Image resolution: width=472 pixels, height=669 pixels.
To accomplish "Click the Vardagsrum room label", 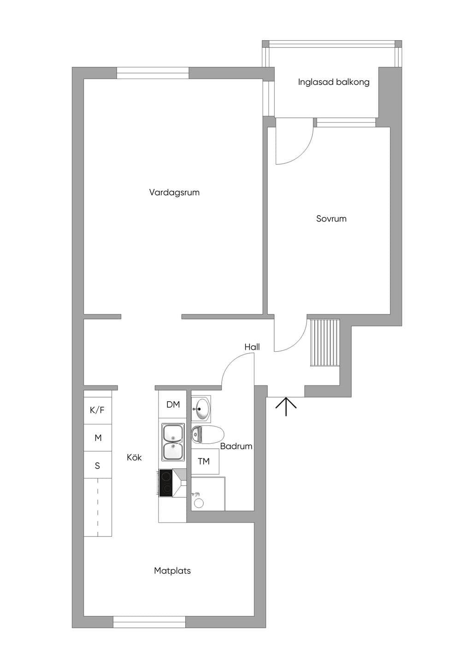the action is point(174,192).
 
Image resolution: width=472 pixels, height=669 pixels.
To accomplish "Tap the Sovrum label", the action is point(331,219).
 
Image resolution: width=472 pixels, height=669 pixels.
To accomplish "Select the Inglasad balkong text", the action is point(334,82).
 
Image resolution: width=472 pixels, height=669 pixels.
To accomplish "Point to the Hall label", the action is point(252,347).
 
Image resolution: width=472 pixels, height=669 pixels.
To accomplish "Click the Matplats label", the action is point(172,571).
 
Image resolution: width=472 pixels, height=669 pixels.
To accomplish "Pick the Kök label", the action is point(134,457).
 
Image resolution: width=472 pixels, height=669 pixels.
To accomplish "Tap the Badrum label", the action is point(236,446).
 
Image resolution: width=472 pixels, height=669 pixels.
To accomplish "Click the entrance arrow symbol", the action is point(286,406).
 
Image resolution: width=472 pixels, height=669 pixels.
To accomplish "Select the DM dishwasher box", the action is point(173,404).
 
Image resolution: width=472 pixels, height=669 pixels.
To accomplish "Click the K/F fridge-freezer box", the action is point(98,410).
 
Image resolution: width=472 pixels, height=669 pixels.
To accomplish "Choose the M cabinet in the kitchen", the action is point(98,438).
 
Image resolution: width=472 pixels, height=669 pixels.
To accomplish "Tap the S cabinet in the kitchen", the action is point(98,465).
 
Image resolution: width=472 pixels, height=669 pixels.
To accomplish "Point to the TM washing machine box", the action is point(205,461).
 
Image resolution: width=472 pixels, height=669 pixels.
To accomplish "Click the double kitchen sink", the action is point(173,442).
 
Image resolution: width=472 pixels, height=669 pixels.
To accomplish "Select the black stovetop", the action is point(166,483).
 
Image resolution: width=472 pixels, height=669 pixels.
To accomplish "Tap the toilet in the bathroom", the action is point(207,434).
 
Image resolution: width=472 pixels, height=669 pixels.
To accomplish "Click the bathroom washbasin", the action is point(201,409).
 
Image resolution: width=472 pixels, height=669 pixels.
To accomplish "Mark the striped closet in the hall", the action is point(324,343).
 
